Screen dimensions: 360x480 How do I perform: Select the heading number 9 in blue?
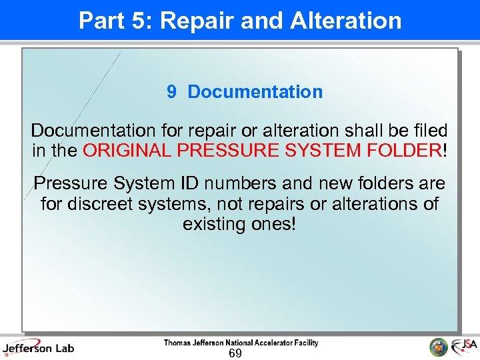pos(171,92)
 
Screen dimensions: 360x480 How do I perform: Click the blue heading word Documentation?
pos(255,92)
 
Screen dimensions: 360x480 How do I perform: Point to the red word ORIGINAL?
pos(127,151)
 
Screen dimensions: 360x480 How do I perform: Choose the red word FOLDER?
pos(403,151)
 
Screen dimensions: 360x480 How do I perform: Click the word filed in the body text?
pos(428,131)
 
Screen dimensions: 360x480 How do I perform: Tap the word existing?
pos(213,224)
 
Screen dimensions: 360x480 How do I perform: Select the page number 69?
pos(235,353)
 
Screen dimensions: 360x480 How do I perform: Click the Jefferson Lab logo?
pos(38,347)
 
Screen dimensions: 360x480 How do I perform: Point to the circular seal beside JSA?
pos(438,347)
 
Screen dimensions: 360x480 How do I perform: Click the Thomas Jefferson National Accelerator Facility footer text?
pos(241,343)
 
